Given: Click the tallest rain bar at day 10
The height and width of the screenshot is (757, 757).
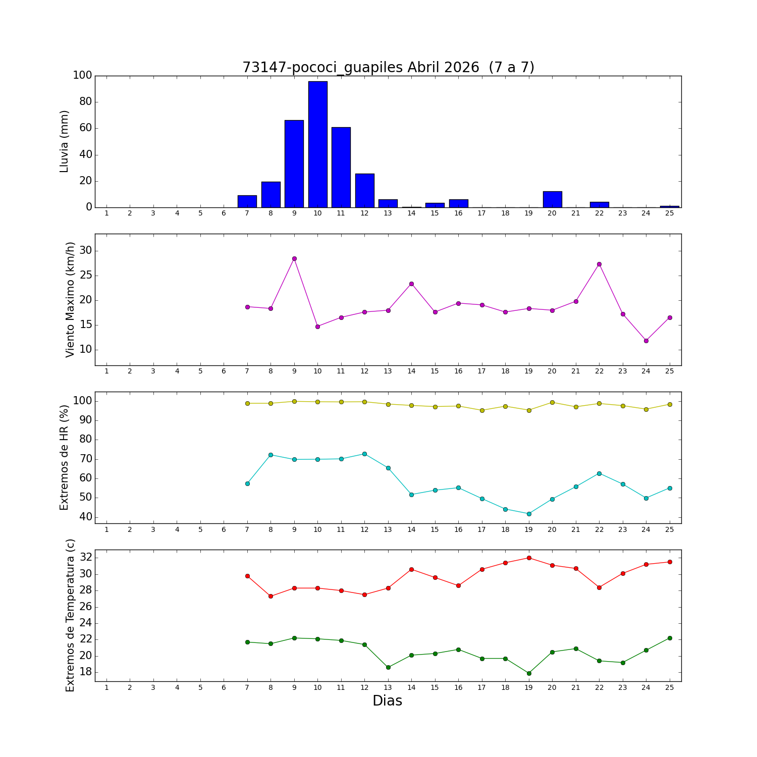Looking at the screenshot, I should tap(317, 144).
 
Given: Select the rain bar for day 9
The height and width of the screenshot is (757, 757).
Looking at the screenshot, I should tap(294, 164).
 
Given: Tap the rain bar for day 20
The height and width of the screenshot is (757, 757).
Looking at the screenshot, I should tap(552, 199).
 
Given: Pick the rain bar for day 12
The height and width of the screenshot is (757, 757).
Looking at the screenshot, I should tap(364, 190).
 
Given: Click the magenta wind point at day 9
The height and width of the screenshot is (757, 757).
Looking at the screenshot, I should tap(294, 258).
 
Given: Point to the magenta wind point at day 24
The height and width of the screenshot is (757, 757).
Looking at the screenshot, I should tap(646, 341).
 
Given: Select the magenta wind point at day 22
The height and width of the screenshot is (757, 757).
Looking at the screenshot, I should tap(599, 264).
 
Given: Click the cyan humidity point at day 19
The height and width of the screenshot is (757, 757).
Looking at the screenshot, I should tap(529, 514).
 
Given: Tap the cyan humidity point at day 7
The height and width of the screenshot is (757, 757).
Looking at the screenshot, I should tap(247, 483).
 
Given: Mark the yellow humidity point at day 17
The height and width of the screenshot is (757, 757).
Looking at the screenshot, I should tap(482, 410).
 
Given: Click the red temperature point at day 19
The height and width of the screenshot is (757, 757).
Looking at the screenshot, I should tap(529, 558).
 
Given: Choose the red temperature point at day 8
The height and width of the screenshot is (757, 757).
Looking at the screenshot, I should tap(271, 596).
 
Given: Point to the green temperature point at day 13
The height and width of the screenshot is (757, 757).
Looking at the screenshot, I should tap(388, 667).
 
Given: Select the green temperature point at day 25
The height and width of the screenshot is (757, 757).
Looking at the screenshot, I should tap(670, 638).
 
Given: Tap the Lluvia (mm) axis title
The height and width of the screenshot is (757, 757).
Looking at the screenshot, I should tap(64, 141).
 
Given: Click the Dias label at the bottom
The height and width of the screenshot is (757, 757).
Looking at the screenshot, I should tap(387, 701).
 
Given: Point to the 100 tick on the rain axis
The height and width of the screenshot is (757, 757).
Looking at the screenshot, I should tap(82, 76).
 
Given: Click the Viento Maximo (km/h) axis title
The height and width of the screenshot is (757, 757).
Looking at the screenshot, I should tap(70, 299).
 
